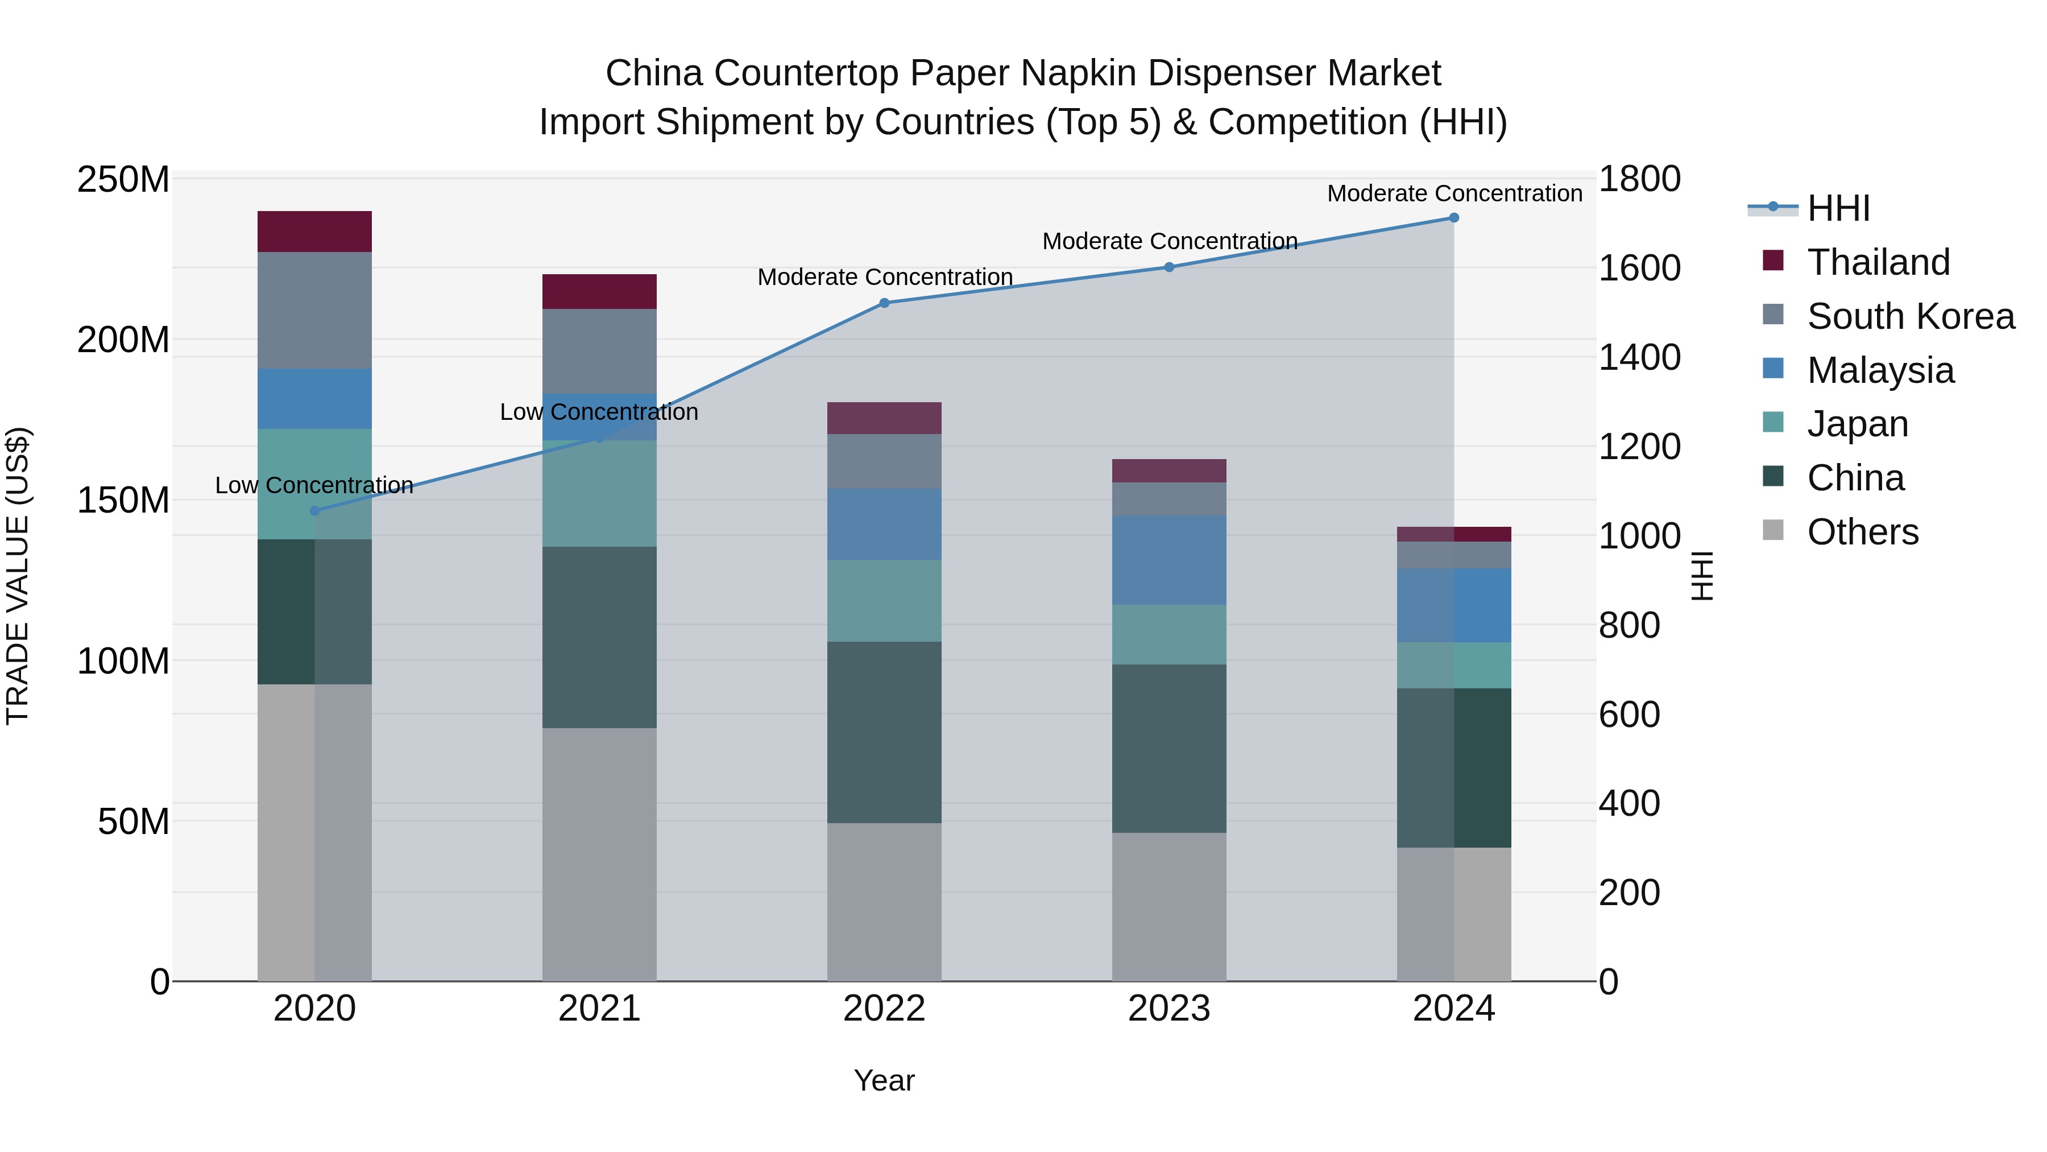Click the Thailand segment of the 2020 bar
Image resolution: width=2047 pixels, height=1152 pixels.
(x=314, y=232)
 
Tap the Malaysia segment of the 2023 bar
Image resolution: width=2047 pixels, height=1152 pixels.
(x=1169, y=560)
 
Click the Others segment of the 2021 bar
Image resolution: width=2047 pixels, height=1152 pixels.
(x=599, y=854)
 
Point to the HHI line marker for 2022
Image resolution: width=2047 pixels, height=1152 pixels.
(x=884, y=303)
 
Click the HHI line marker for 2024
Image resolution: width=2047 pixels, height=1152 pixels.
(x=1453, y=218)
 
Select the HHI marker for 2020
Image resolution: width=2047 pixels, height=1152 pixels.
(x=314, y=511)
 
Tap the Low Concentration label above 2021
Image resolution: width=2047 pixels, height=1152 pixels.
(x=599, y=412)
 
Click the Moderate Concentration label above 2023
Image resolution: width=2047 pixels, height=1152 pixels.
(x=1169, y=241)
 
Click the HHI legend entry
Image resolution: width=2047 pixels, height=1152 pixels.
(x=1838, y=208)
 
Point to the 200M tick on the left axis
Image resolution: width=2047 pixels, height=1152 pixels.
(x=123, y=340)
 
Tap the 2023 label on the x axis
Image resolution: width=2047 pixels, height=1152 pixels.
(x=1169, y=1009)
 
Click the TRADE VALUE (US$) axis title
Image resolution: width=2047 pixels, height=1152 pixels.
(x=18, y=576)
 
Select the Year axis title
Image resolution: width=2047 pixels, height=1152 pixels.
(x=884, y=1080)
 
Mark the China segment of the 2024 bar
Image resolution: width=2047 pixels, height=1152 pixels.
(x=1453, y=767)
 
